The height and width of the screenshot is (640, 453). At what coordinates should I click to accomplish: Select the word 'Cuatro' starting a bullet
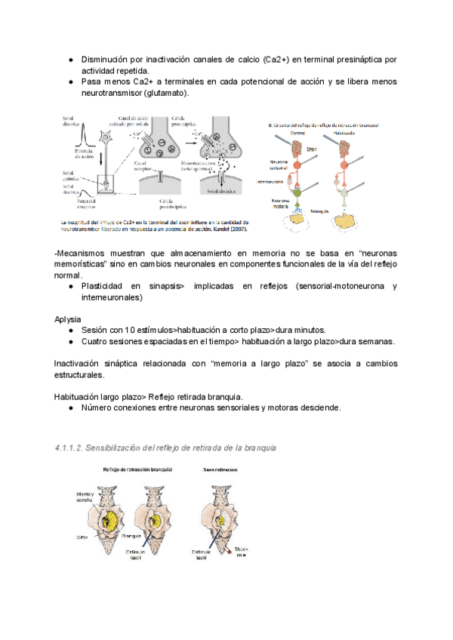(x=94, y=341)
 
